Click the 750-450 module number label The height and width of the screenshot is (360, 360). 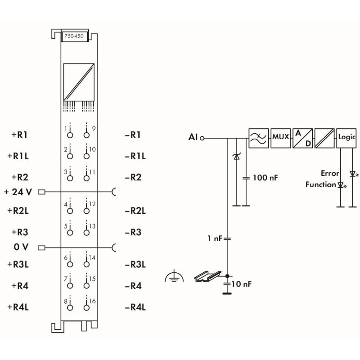coord(74,36)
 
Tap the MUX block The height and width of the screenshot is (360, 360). coord(280,138)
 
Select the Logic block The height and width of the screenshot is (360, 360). coord(346,138)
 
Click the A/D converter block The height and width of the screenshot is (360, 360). coord(302,138)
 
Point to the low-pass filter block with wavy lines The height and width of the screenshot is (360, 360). coord(258,138)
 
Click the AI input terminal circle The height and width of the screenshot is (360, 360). coord(202,138)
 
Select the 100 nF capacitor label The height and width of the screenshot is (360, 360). coord(265,178)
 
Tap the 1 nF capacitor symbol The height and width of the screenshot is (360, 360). coord(227,239)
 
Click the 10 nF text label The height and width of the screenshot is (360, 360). coord(241,284)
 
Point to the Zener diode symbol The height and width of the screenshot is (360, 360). coord(237,157)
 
